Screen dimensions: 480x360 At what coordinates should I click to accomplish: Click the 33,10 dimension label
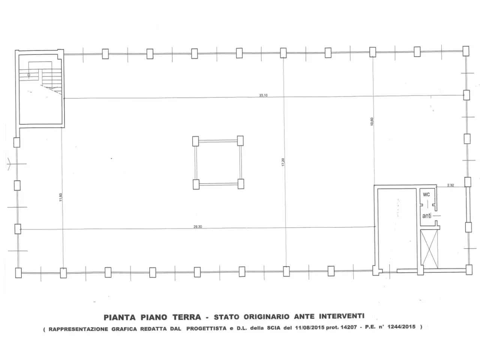point(263,95)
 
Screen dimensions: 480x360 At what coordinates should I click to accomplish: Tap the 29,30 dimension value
point(198,226)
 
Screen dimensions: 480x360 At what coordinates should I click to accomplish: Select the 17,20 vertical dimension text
point(283,162)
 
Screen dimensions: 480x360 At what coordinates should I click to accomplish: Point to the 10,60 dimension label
point(372,121)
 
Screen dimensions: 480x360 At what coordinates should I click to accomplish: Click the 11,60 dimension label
point(61,197)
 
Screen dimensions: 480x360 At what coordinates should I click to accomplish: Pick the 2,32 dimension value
point(450,185)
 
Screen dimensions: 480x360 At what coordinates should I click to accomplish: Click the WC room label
point(426,195)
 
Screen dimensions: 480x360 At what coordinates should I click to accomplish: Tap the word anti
point(427,216)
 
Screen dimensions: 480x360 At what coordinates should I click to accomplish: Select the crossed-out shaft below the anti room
point(429,249)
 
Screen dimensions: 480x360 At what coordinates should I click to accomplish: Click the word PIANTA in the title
point(119,317)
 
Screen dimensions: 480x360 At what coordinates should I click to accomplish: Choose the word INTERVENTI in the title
point(342,316)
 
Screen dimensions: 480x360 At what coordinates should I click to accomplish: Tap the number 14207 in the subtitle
point(349,327)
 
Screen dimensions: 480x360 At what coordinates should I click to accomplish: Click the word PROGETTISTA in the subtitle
point(206,328)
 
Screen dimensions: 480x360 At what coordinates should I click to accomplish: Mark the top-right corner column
point(466,51)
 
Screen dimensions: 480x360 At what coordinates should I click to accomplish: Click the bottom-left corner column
point(18,273)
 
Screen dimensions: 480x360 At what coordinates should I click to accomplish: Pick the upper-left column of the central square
point(195,141)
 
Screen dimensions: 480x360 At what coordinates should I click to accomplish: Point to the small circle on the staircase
point(28,75)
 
